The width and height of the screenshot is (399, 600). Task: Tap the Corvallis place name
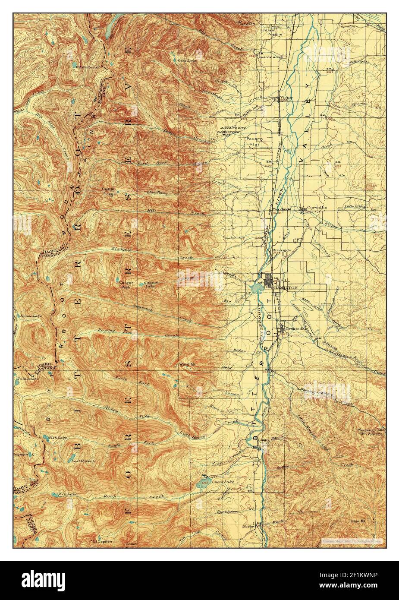(317, 208)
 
